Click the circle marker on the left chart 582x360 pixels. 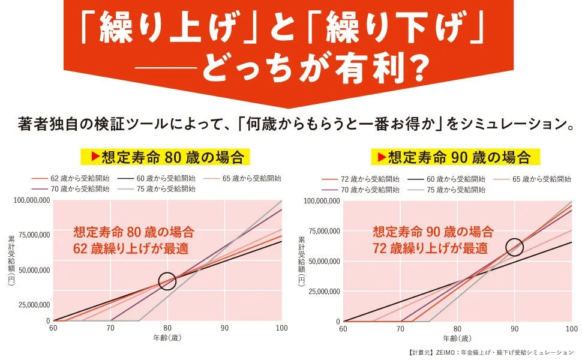point(167,280)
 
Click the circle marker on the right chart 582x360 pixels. point(514,246)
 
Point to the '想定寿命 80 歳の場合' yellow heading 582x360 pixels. point(165,157)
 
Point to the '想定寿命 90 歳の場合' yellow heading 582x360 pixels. point(454,157)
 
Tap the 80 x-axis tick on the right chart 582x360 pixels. point(457,329)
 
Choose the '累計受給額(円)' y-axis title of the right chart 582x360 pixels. point(301,260)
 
